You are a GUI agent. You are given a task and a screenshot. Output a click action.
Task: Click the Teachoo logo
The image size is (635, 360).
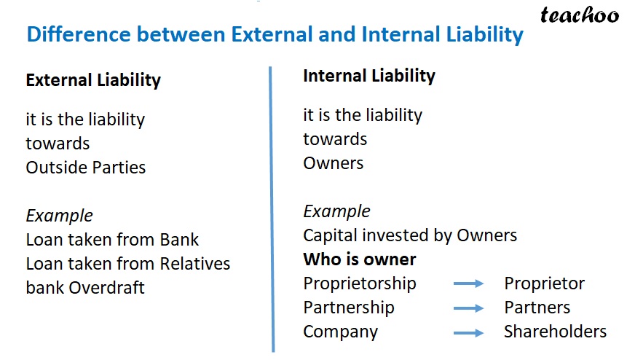(580, 15)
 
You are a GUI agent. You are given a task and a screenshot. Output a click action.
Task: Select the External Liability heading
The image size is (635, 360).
(93, 80)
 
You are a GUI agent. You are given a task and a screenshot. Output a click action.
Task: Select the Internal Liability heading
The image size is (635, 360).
(369, 76)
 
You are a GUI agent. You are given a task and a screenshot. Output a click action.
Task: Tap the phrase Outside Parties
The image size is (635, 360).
(86, 168)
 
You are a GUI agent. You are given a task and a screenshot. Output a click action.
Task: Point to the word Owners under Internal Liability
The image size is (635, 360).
(334, 163)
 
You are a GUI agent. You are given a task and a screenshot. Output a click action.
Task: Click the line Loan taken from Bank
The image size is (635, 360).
(112, 240)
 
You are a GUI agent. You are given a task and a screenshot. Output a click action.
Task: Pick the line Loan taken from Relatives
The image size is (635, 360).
(128, 264)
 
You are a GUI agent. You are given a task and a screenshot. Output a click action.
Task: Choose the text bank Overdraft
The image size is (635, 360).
(85, 288)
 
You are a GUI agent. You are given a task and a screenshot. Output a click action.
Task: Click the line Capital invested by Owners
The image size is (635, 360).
(410, 235)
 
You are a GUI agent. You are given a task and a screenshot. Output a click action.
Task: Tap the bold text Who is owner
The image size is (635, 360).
(360, 259)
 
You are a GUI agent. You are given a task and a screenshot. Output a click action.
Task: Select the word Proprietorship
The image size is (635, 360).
(360, 283)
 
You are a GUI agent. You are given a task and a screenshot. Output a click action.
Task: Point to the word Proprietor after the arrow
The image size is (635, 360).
(544, 283)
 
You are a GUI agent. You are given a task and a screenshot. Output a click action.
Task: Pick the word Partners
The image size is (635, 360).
(537, 308)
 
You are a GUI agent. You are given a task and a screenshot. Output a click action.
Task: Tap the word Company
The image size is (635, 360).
(341, 332)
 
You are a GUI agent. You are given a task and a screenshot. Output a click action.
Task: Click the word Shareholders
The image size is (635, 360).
(555, 332)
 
